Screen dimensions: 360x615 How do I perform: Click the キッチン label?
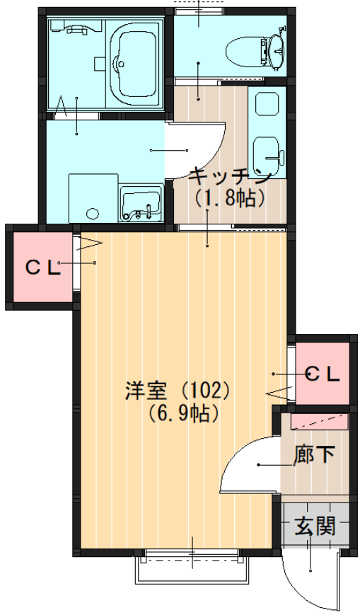tap(230, 178)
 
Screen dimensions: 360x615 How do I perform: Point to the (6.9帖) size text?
tap(183, 413)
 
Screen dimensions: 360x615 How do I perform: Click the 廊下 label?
tap(315, 454)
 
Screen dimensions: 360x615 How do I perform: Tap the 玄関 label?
tap(315, 526)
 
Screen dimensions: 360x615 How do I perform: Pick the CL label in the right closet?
tap(323, 374)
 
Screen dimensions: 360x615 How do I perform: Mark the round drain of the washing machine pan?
tap(93, 213)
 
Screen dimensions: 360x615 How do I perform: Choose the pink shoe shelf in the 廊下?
tap(319, 422)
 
